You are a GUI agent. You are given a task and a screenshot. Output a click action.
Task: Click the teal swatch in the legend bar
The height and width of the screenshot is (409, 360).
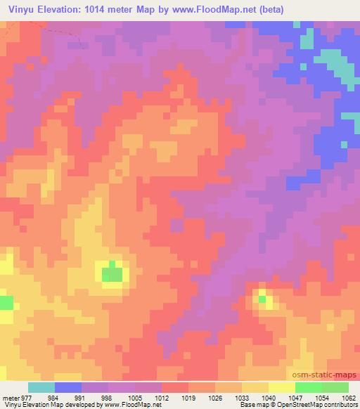(41, 387)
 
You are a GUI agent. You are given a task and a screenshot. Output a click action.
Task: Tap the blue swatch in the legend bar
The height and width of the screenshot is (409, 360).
(68, 387)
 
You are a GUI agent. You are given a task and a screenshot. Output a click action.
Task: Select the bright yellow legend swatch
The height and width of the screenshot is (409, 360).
(281, 387)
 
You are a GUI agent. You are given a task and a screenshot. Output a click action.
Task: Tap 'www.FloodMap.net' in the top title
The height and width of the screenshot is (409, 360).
(219, 9)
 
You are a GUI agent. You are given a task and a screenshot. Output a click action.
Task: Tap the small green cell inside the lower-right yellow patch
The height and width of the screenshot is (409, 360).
(262, 299)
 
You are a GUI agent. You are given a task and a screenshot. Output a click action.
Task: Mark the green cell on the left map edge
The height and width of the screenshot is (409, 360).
(6, 303)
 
